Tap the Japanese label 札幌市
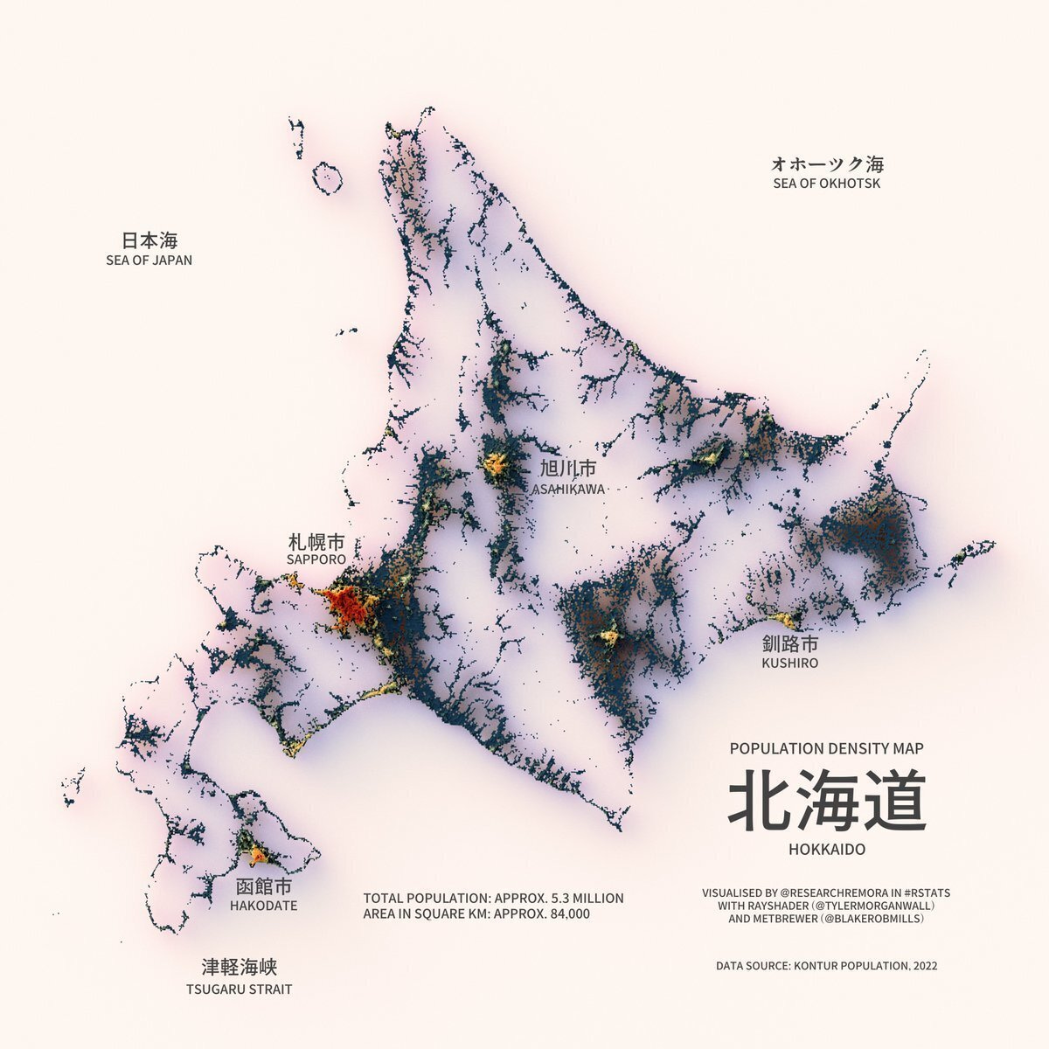pos(316,541)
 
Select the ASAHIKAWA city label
pos(568,490)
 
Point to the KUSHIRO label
pos(789,663)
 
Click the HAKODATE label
pos(263,906)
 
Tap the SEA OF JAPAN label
pos(149,260)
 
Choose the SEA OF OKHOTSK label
pos(827,184)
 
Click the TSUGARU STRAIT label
pos(239,990)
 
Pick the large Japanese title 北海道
pos(826,801)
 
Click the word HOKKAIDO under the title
pos(826,850)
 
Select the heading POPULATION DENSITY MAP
pos(826,748)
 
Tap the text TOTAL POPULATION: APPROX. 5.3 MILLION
pos(493,898)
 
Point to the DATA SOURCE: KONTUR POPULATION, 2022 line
pos(826,966)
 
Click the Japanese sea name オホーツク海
pos(827,163)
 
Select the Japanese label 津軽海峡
pos(239,968)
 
